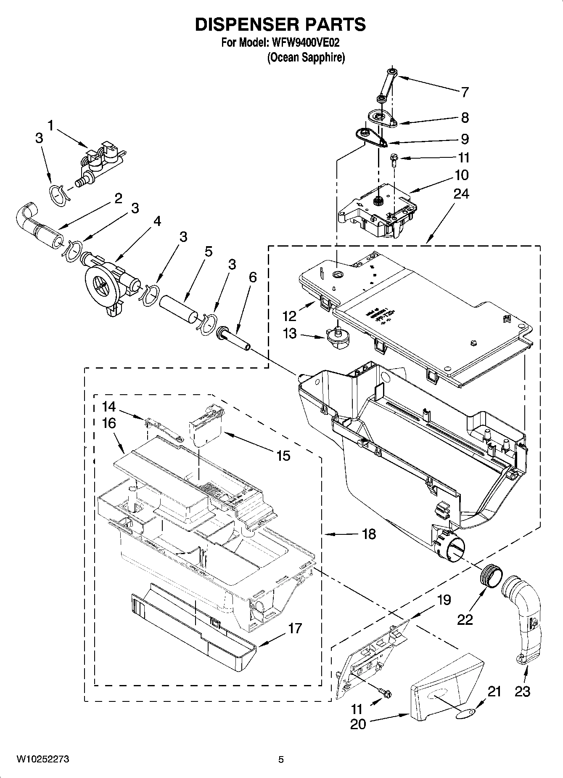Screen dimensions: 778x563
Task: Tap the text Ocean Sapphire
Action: coord(306,58)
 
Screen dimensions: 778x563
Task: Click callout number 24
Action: coord(461,194)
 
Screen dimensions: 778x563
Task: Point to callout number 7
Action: coord(464,92)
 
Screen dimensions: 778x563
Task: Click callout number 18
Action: coord(369,534)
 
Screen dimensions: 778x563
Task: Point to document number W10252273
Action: coord(43,759)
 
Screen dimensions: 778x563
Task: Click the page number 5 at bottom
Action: coord(281,759)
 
